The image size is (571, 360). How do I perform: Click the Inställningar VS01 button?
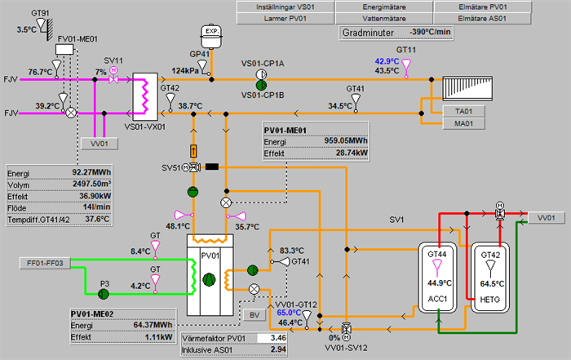287,6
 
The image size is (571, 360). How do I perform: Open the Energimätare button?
384,6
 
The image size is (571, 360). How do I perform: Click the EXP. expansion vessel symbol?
212,33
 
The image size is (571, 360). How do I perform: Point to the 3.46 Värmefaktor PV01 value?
279,336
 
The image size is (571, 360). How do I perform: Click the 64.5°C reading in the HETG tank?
490,283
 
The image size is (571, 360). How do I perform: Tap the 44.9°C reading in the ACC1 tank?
438,283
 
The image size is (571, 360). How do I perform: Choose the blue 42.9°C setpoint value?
387,61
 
